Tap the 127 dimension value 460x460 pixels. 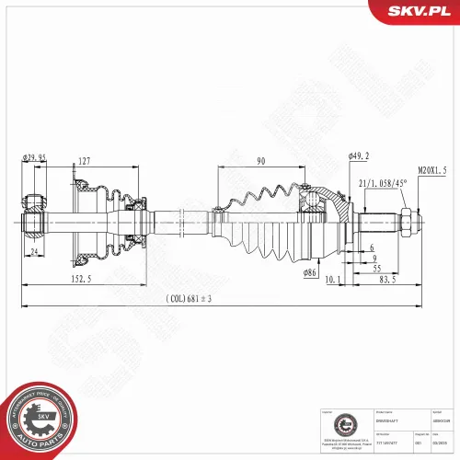pyautogui.click(x=84, y=162)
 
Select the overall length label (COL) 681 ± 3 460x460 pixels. pyautogui.click(x=190, y=299)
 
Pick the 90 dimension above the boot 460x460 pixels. pyautogui.click(x=261, y=162)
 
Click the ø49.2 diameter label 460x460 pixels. pyautogui.click(x=358, y=155)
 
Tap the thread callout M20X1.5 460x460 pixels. pyautogui.click(x=431, y=170)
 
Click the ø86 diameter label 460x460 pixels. pyautogui.click(x=312, y=273)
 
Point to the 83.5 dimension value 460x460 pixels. pyautogui.click(x=388, y=280)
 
